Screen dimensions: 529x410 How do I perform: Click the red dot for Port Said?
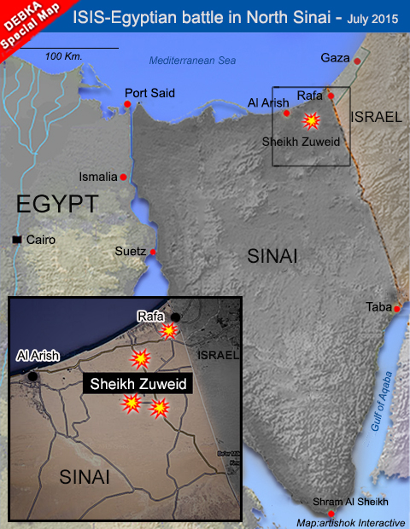pos(127,104)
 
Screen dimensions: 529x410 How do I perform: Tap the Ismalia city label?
pos(97,177)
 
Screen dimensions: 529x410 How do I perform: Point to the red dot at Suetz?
pos(153,252)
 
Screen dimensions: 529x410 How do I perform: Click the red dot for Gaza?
pos(358,61)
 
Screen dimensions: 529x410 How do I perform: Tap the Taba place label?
pos(378,306)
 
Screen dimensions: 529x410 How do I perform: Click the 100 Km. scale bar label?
pos(65,56)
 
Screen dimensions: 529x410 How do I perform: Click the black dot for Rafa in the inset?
pos(175,317)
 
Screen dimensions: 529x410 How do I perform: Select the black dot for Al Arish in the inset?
pos(32,375)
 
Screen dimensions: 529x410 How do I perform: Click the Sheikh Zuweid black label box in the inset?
pos(138,384)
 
